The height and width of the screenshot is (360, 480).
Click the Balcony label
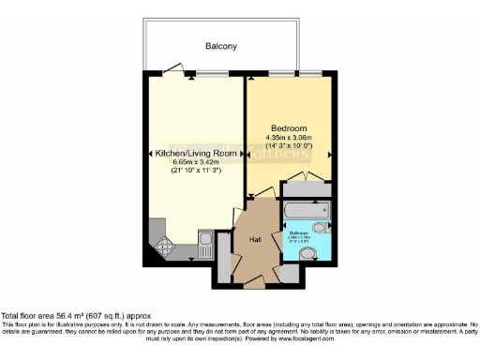point(221,45)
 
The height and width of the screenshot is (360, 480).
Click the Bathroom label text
point(299,232)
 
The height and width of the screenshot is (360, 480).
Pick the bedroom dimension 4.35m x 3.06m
point(291,138)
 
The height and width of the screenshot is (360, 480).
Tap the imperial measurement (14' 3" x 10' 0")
point(291,147)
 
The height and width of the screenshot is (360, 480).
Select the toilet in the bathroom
point(320,228)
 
